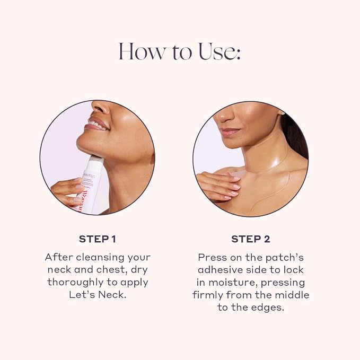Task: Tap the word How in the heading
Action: tap(142, 51)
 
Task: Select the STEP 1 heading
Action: tap(98, 239)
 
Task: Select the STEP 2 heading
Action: tap(251, 239)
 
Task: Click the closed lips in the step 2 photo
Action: tap(230, 132)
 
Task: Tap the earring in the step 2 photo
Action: tap(283, 113)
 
